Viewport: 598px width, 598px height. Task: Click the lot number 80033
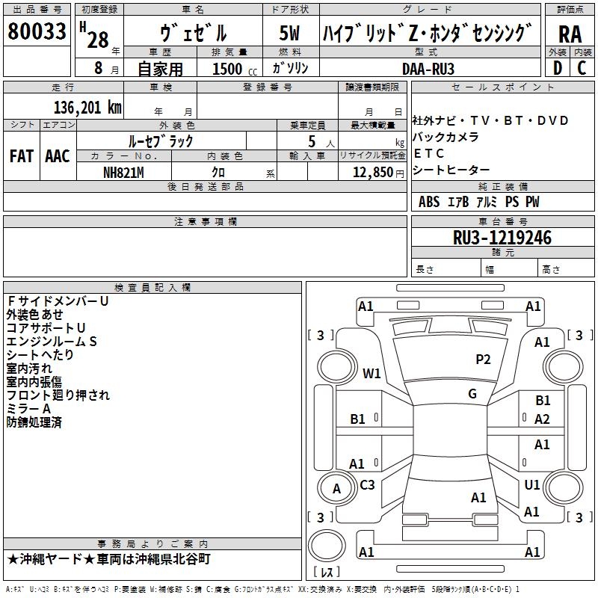coord(37,31)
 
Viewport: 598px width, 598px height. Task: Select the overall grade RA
coord(570,34)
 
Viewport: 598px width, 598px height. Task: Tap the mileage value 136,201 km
coord(87,108)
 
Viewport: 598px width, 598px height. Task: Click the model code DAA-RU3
coord(428,69)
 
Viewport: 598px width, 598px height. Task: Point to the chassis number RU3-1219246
coord(502,238)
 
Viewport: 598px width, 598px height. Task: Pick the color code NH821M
coord(123,173)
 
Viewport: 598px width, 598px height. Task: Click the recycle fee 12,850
coord(372,173)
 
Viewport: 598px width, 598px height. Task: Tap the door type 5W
coord(289,33)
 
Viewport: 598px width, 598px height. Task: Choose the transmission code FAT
coord(22,156)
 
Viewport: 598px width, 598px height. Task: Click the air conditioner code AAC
coord(58,156)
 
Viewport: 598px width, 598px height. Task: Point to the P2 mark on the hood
coord(483,359)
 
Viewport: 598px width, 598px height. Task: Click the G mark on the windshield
coord(472,393)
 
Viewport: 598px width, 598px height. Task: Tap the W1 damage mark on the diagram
coord(372,373)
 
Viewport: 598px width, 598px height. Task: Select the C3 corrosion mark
coord(367,484)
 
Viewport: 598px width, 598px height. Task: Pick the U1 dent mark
coord(532,484)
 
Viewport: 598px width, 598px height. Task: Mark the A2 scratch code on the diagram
coord(542,419)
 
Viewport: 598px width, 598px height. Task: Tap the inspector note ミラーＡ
coord(28,409)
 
